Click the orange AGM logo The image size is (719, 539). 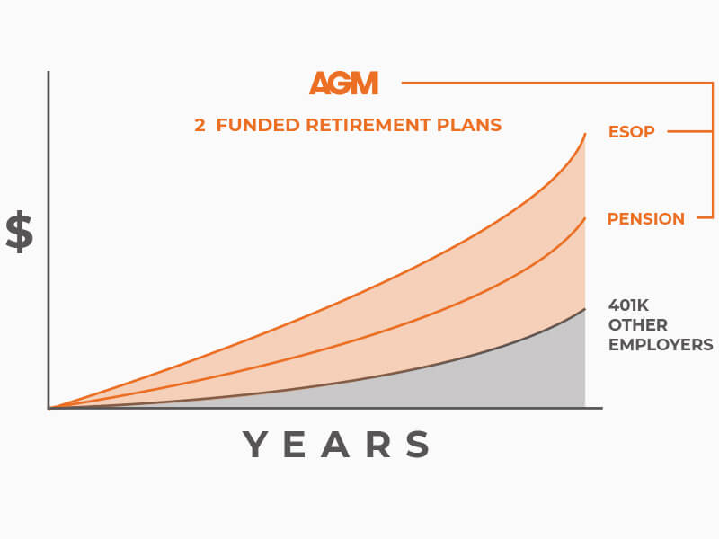(344, 83)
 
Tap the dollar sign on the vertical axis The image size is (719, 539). (19, 232)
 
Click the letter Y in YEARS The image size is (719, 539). (255, 444)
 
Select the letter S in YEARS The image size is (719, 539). (418, 444)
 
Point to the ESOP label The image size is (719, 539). (632, 132)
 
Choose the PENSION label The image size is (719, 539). (645, 219)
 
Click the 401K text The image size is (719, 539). (628, 305)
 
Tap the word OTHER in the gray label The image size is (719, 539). (638, 325)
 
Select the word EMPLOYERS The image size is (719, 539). (661, 345)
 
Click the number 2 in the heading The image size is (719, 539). (200, 125)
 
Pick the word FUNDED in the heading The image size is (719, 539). (258, 125)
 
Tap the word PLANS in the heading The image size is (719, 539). (469, 125)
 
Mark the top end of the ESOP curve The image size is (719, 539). (585, 133)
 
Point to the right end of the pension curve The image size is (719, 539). (585, 218)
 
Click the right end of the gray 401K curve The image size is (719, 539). (585, 309)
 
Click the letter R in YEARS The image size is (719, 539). (378, 444)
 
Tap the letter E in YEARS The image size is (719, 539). (295, 444)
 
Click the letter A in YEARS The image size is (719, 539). (335, 444)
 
